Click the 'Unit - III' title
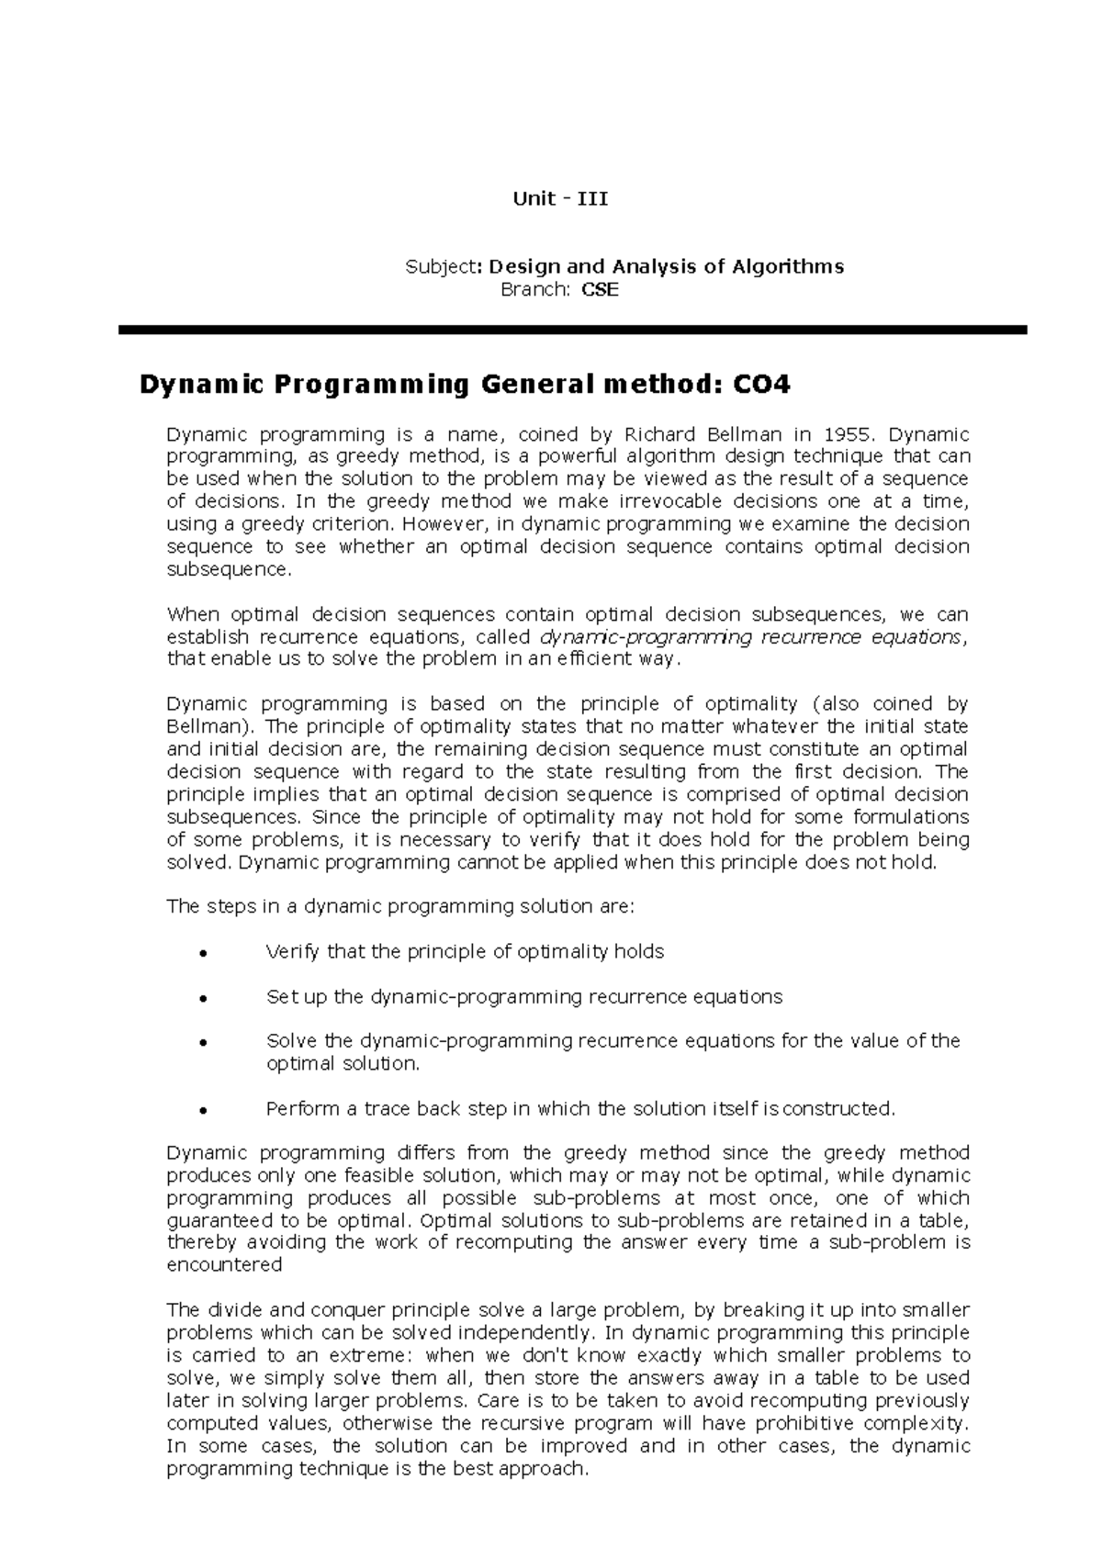tap(560, 198)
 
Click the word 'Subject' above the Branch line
tap(441, 267)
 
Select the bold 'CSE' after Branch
tap(600, 290)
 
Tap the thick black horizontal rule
tap(572, 330)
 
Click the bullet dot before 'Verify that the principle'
tap(200, 954)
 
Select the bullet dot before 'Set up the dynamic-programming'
tap(200, 999)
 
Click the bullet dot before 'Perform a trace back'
tap(200, 1111)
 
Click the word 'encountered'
tap(223, 1265)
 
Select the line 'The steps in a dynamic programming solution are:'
tap(399, 907)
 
